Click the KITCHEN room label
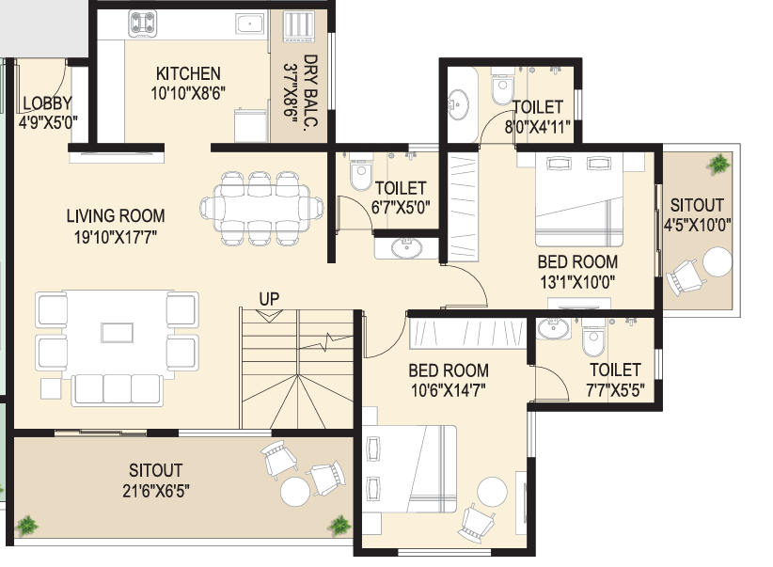189,74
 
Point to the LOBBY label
47,103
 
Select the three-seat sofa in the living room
104,387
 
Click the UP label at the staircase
270,299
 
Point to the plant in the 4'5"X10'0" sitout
719,164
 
